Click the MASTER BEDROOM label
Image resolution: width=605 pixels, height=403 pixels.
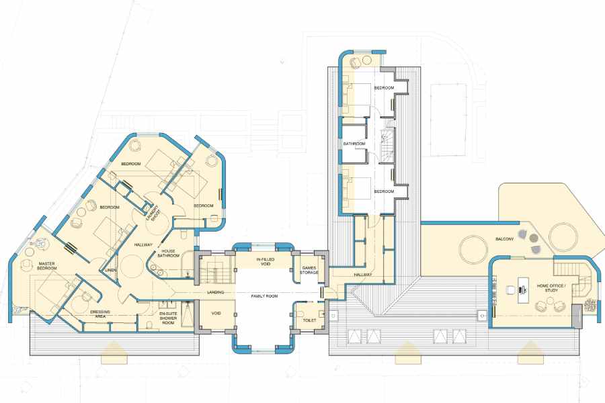coord(47,266)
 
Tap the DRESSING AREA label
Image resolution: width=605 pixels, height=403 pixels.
coord(100,314)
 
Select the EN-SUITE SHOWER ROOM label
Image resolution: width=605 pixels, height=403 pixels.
coord(168,318)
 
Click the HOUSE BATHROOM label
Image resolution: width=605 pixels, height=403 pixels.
coord(168,253)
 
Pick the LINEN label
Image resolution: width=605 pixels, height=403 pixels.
coord(111,270)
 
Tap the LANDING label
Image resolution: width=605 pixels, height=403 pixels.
coord(215,292)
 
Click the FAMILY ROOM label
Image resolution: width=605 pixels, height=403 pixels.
coord(265,296)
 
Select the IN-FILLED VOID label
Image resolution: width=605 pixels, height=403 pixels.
coord(266,262)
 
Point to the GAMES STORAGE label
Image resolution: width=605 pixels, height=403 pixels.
coord(309,270)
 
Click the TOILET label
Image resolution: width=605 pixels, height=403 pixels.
coord(309,320)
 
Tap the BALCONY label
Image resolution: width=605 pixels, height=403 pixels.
coord(505,239)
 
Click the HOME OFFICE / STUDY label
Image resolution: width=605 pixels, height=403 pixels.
coord(551,287)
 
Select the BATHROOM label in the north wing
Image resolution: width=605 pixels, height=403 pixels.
coord(354,144)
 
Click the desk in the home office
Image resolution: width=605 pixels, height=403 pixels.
coord(524,289)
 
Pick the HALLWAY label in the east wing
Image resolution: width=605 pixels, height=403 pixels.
coord(363,275)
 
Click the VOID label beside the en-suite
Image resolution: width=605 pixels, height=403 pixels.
coord(216,313)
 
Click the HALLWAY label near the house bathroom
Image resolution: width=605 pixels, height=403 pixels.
coord(143,245)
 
